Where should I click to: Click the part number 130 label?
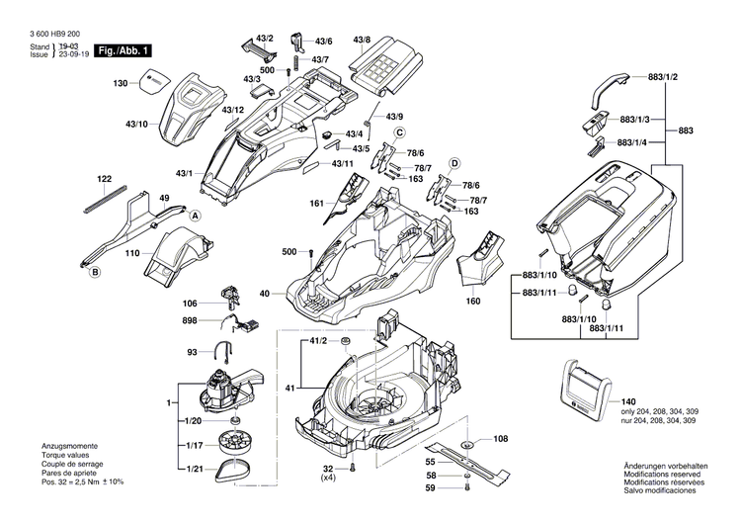coord(121,83)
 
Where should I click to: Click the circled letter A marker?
coord(195,216)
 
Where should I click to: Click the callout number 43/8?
coord(362,41)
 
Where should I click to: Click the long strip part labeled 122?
coord(105,197)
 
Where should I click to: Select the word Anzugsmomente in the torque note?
coord(70,446)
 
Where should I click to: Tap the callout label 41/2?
coord(318,341)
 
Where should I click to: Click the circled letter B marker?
coord(95,271)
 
